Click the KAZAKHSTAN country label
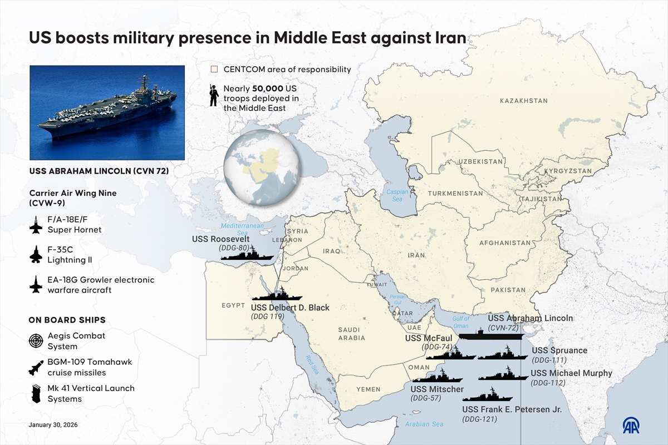click(x=523, y=101)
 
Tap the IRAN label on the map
click(x=416, y=255)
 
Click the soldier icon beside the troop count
click(x=213, y=96)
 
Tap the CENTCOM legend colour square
click(x=214, y=70)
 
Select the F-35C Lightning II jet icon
click(x=36, y=254)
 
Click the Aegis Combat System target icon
click(x=36, y=341)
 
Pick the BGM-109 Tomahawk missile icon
click(x=36, y=367)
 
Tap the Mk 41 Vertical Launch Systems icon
click(x=36, y=393)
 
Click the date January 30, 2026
click(x=53, y=424)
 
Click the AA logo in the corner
click(x=631, y=425)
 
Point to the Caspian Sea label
click(x=397, y=195)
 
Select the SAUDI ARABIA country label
click(x=352, y=334)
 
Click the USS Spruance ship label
click(x=559, y=350)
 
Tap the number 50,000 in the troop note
click(x=267, y=88)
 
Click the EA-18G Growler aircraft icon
click(x=36, y=284)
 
